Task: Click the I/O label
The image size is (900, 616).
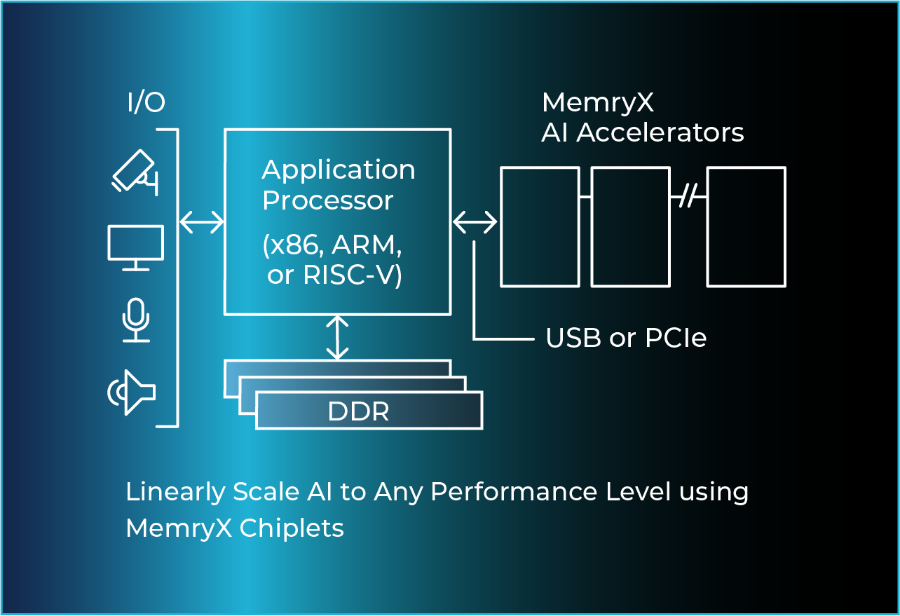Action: (x=146, y=102)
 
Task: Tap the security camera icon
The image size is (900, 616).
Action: (x=134, y=172)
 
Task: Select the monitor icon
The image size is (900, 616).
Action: (x=136, y=247)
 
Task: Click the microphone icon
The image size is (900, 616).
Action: (x=136, y=320)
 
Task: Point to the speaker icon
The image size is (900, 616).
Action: (x=131, y=392)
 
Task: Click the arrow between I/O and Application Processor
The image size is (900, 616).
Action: (x=201, y=221)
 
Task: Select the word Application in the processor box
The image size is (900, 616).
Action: (x=339, y=170)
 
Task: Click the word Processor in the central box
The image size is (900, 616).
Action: (x=327, y=200)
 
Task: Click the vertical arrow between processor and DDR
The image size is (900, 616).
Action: (x=338, y=337)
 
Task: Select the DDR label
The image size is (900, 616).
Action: (x=358, y=411)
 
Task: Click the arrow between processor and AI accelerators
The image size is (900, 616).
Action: (x=475, y=222)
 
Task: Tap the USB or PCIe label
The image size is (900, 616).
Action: (x=626, y=338)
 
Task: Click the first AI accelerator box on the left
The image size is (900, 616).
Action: (x=540, y=226)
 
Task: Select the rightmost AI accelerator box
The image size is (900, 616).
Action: (x=746, y=226)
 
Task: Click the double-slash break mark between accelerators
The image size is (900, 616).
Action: (x=688, y=196)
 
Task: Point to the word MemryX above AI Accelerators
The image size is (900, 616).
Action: (x=597, y=102)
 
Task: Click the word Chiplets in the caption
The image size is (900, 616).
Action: (x=292, y=528)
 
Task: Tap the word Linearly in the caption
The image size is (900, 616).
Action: (x=175, y=492)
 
